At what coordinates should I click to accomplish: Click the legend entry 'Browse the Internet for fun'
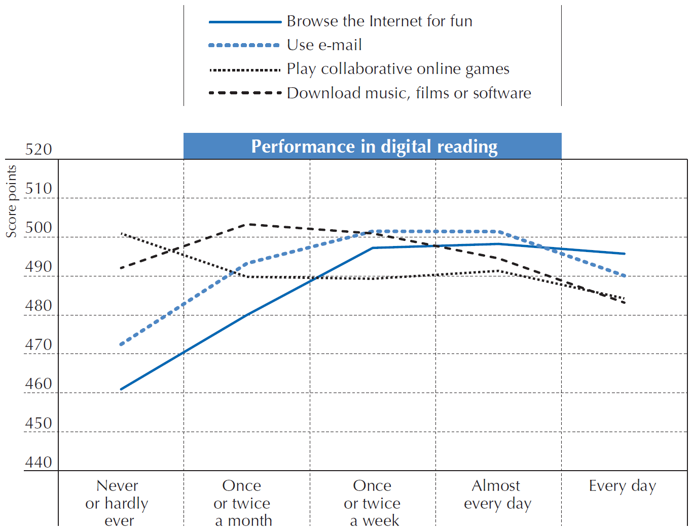coord(379,21)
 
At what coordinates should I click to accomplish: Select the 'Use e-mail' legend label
coord(324,45)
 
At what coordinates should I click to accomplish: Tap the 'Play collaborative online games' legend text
coord(398,69)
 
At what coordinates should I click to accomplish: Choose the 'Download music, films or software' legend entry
coord(409,93)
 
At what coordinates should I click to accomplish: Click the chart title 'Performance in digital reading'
coord(374,147)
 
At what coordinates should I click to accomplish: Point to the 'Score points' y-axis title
coord(11,201)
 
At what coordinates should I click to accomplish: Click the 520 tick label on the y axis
coord(39,150)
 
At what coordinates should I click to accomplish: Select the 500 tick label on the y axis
coord(39,228)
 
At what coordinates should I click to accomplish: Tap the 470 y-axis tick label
coord(39,345)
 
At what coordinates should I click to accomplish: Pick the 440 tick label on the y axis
coord(39,463)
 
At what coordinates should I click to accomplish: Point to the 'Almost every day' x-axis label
coord(497,494)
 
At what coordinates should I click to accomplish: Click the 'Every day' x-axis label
coord(622,486)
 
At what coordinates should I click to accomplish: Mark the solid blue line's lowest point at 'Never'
coord(121,389)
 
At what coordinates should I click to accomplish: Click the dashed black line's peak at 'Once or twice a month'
coord(247,224)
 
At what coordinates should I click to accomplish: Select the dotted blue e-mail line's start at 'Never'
coord(121,345)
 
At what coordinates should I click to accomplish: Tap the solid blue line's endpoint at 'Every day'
coord(624,254)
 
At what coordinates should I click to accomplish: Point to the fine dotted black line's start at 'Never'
coord(122,234)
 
